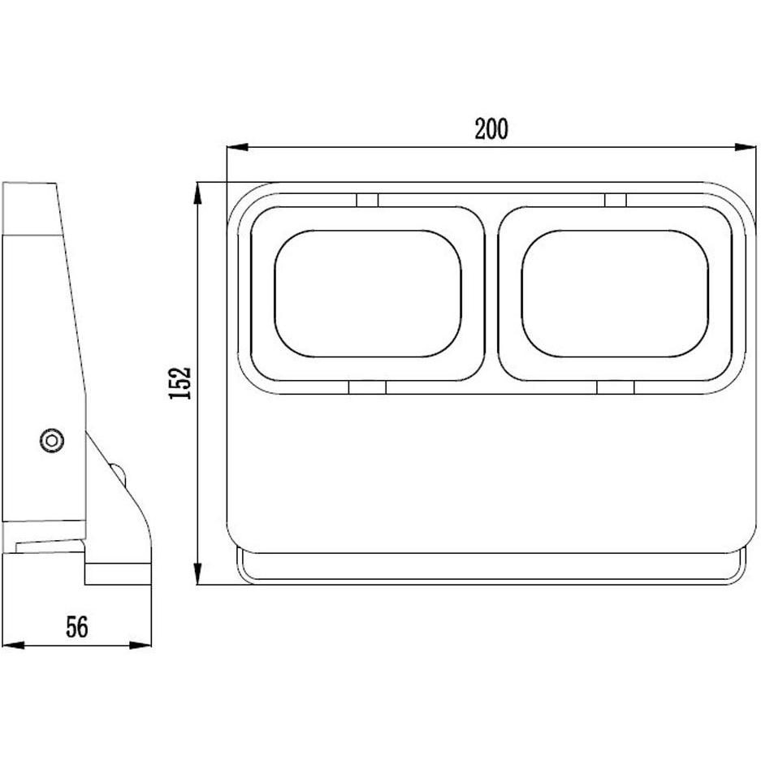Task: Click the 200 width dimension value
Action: (x=491, y=129)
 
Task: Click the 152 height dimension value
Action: (x=179, y=383)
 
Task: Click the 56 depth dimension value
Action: (x=77, y=626)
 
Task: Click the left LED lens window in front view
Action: (x=368, y=293)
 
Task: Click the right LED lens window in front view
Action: (x=615, y=293)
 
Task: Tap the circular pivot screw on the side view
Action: (x=52, y=439)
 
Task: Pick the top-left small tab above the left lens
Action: (x=367, y=200)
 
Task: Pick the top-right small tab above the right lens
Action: (x=615, y=200)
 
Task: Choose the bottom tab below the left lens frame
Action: (x=367, y=388)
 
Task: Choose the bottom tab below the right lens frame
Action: (x=615, y=388)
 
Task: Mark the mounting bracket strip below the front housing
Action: (x=491, y=568)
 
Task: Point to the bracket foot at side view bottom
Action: (x=118, y=573)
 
